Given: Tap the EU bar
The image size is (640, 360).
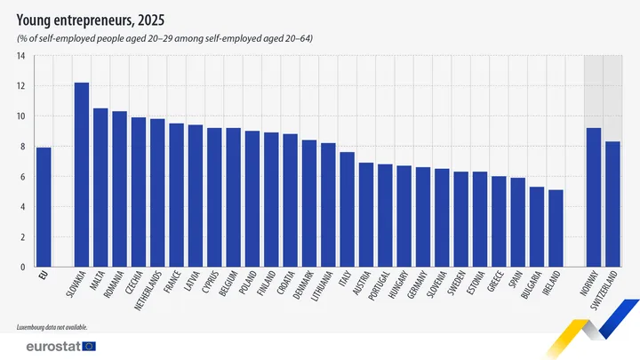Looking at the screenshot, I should [43, 207].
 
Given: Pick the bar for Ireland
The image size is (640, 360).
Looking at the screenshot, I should [556, 228].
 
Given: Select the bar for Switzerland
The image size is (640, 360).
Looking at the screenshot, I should [612, 204].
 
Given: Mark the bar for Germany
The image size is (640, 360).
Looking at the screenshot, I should [423, 217].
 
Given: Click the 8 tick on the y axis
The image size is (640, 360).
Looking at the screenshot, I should [20, 147].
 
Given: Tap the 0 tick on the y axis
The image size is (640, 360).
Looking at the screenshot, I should [20, 267].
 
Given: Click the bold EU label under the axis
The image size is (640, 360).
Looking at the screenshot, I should [42, 276].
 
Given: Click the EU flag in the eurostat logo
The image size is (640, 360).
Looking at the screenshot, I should [89, 346].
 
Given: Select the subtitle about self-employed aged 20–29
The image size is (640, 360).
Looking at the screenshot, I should [164, 39].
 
